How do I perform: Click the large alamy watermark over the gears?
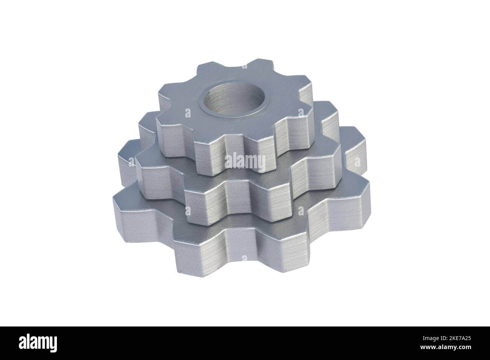pos(245,162)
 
